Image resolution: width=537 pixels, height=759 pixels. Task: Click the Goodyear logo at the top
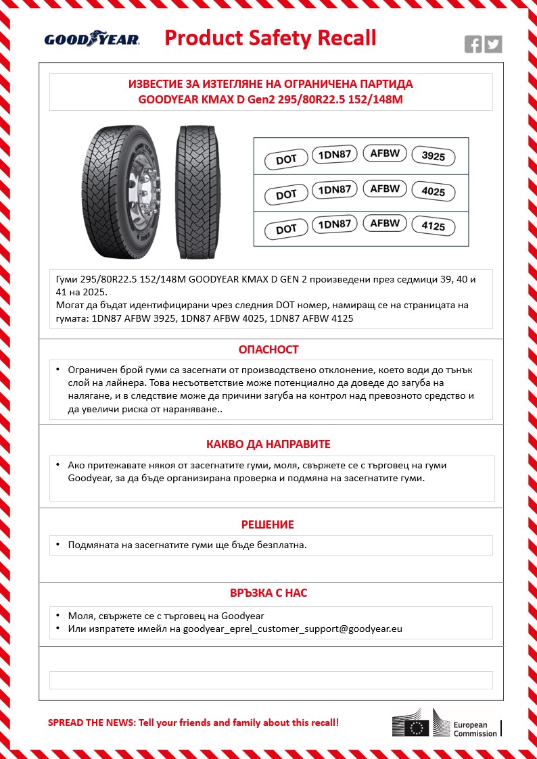point(92,39)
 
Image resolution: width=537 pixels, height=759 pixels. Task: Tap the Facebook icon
point(473,45)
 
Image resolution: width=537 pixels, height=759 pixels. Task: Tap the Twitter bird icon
point(494,45)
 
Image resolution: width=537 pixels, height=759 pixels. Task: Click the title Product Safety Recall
point(271,38)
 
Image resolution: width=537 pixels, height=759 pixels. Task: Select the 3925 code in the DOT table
point(434,157)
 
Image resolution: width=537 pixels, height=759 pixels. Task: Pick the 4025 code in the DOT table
point(434,192)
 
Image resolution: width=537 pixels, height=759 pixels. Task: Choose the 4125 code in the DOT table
point(434,226)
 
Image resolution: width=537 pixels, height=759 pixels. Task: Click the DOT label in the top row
point(286,160)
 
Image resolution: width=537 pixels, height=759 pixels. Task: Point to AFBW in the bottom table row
point(385,223)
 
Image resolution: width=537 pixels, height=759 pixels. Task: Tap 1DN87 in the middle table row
point(334,190)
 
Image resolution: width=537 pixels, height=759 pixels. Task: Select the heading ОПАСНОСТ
point(268,349)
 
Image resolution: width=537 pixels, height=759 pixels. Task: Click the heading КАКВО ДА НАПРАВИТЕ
point(268,444)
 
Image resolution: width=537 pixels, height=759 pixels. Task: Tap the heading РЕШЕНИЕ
point(268,524)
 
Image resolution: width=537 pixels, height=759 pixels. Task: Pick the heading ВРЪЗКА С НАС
point(268,593)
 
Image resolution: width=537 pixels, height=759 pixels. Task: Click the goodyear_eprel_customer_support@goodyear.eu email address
point(293,629)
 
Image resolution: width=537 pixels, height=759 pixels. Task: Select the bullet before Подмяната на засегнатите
point(58,544)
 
